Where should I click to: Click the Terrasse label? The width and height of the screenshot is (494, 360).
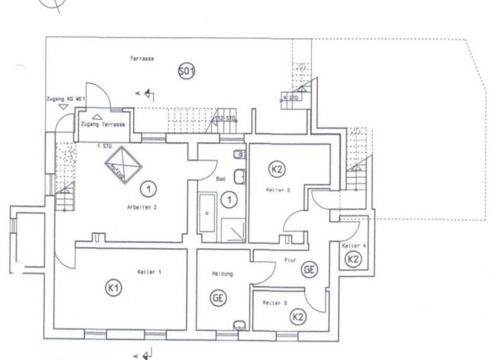(142, 59)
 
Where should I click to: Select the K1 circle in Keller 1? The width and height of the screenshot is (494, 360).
(113, 289)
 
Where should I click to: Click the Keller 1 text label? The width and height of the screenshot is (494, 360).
(149, 273)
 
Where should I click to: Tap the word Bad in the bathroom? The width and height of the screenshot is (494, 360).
(221, 179)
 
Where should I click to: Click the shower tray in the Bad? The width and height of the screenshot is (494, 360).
(233, 230)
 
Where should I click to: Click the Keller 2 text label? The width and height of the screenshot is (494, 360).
(279, 191)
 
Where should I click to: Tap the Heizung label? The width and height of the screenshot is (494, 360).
(222, 274)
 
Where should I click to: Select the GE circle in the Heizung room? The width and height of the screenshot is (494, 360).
(219, 298)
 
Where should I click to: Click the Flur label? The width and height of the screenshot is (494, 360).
(289, 261)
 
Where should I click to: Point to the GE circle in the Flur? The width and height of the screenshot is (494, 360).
(309, 270)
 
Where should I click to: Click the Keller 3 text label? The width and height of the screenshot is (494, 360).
(275, 301)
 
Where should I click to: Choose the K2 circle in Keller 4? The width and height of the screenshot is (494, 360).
(352, 259)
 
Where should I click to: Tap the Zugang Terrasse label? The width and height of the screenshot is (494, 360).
(103, 124)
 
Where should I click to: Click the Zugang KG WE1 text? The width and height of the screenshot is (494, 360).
(67, 100)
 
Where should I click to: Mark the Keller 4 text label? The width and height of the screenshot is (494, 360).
(354, 246)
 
